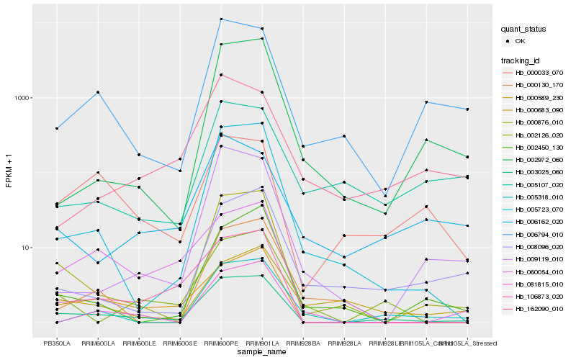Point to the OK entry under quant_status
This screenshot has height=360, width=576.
click(x=520, y=41)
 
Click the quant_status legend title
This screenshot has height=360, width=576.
click(x=524, y=30)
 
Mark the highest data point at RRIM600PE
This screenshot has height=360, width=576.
click(x=221, y=19)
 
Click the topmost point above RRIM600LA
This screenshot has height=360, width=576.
click(x=98, y=92)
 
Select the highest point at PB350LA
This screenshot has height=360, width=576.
click(x=57, y=128)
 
